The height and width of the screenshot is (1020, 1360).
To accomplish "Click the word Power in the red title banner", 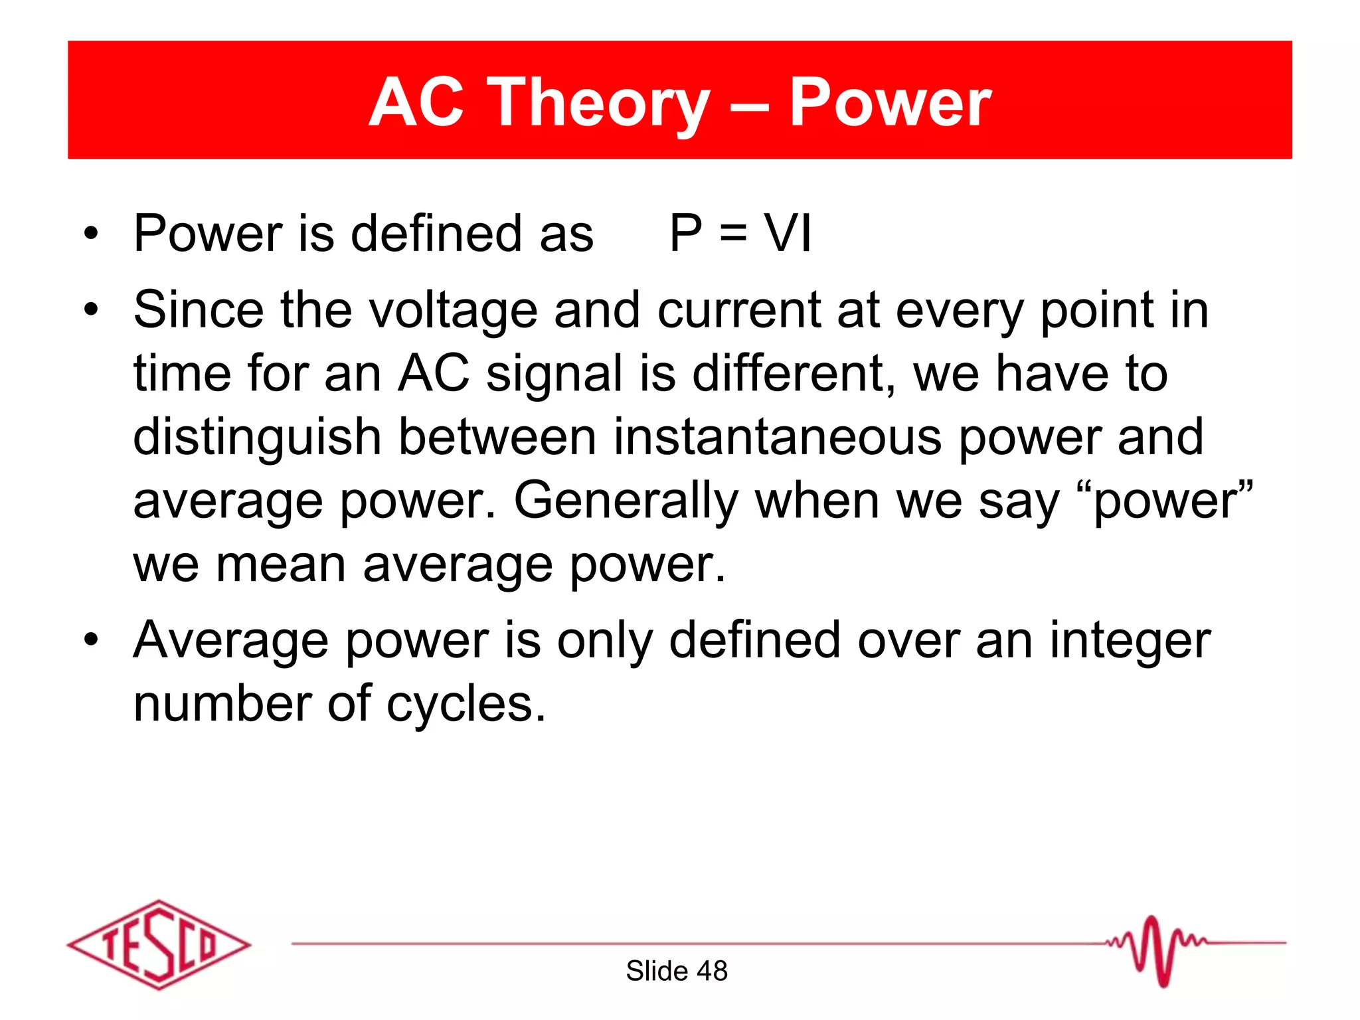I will click(x=890, y=103).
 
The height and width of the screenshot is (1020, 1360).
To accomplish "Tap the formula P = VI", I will click(x=740, y=234).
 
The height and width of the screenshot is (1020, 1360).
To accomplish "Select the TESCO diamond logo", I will click(x=159, y=944).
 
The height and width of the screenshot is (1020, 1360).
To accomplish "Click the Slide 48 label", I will click(x=677, y=971).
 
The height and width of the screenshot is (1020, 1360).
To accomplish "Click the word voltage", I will click(x=453, y=311).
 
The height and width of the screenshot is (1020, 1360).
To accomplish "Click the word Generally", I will click(x=626, y=501).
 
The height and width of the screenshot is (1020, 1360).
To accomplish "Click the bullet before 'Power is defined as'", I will click(x=91, y=234).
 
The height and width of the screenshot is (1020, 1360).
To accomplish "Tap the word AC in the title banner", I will click(x=416, y=103).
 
